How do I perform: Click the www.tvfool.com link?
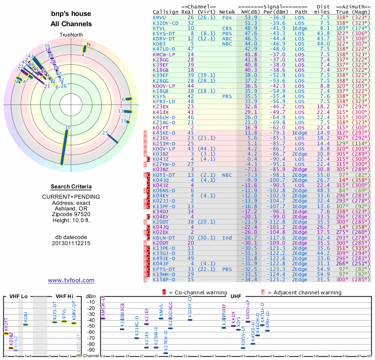tap(71, 280)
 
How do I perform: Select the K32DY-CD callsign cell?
tap(165, 23)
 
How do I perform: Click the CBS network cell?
tap(227, 28)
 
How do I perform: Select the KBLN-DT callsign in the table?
tap(164, 238)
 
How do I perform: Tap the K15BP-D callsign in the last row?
tap(164, 280)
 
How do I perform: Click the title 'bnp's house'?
tap(71, 14)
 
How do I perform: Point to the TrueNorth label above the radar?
tap(71, 35)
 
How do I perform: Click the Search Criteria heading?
tap(71, 187)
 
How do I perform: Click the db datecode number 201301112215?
tap(71, 243)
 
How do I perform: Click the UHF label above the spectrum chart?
tap(236, 296)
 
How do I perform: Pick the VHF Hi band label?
tap(64, 296)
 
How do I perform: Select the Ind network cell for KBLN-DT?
tap(227, 238)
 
